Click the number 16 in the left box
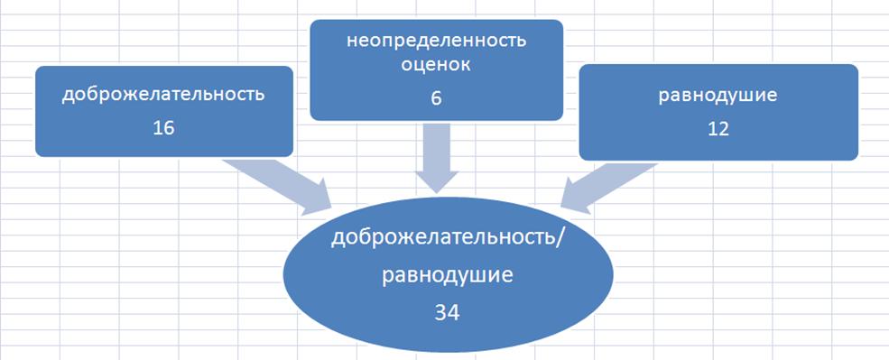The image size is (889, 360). [x=163, y=128]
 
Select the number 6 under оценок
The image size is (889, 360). [x=436, y=98]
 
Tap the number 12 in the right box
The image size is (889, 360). [x=718, y=128]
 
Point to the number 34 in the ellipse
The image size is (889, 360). [x=448, y=312]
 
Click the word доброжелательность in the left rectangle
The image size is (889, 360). [x=163, y=94]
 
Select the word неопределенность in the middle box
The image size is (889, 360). [x=436, y=41]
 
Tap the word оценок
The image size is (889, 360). [x=436, y=65]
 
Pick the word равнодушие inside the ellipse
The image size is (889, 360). [x=448, y=276]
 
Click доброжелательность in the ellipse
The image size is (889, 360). [x=441, y=238]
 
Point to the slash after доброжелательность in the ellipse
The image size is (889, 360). [x=559, y=238]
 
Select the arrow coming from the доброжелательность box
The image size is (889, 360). [x=278, y=187]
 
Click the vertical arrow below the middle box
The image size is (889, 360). [x=436, y=158]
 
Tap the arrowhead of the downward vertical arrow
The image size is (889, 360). [x=436, y=181]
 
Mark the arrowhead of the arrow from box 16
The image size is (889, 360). [x=317, y=198]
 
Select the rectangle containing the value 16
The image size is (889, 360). [x=164, y=111]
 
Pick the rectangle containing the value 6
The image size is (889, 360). [x=436, y=69]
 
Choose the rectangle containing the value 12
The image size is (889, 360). [x=718, y=112]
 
